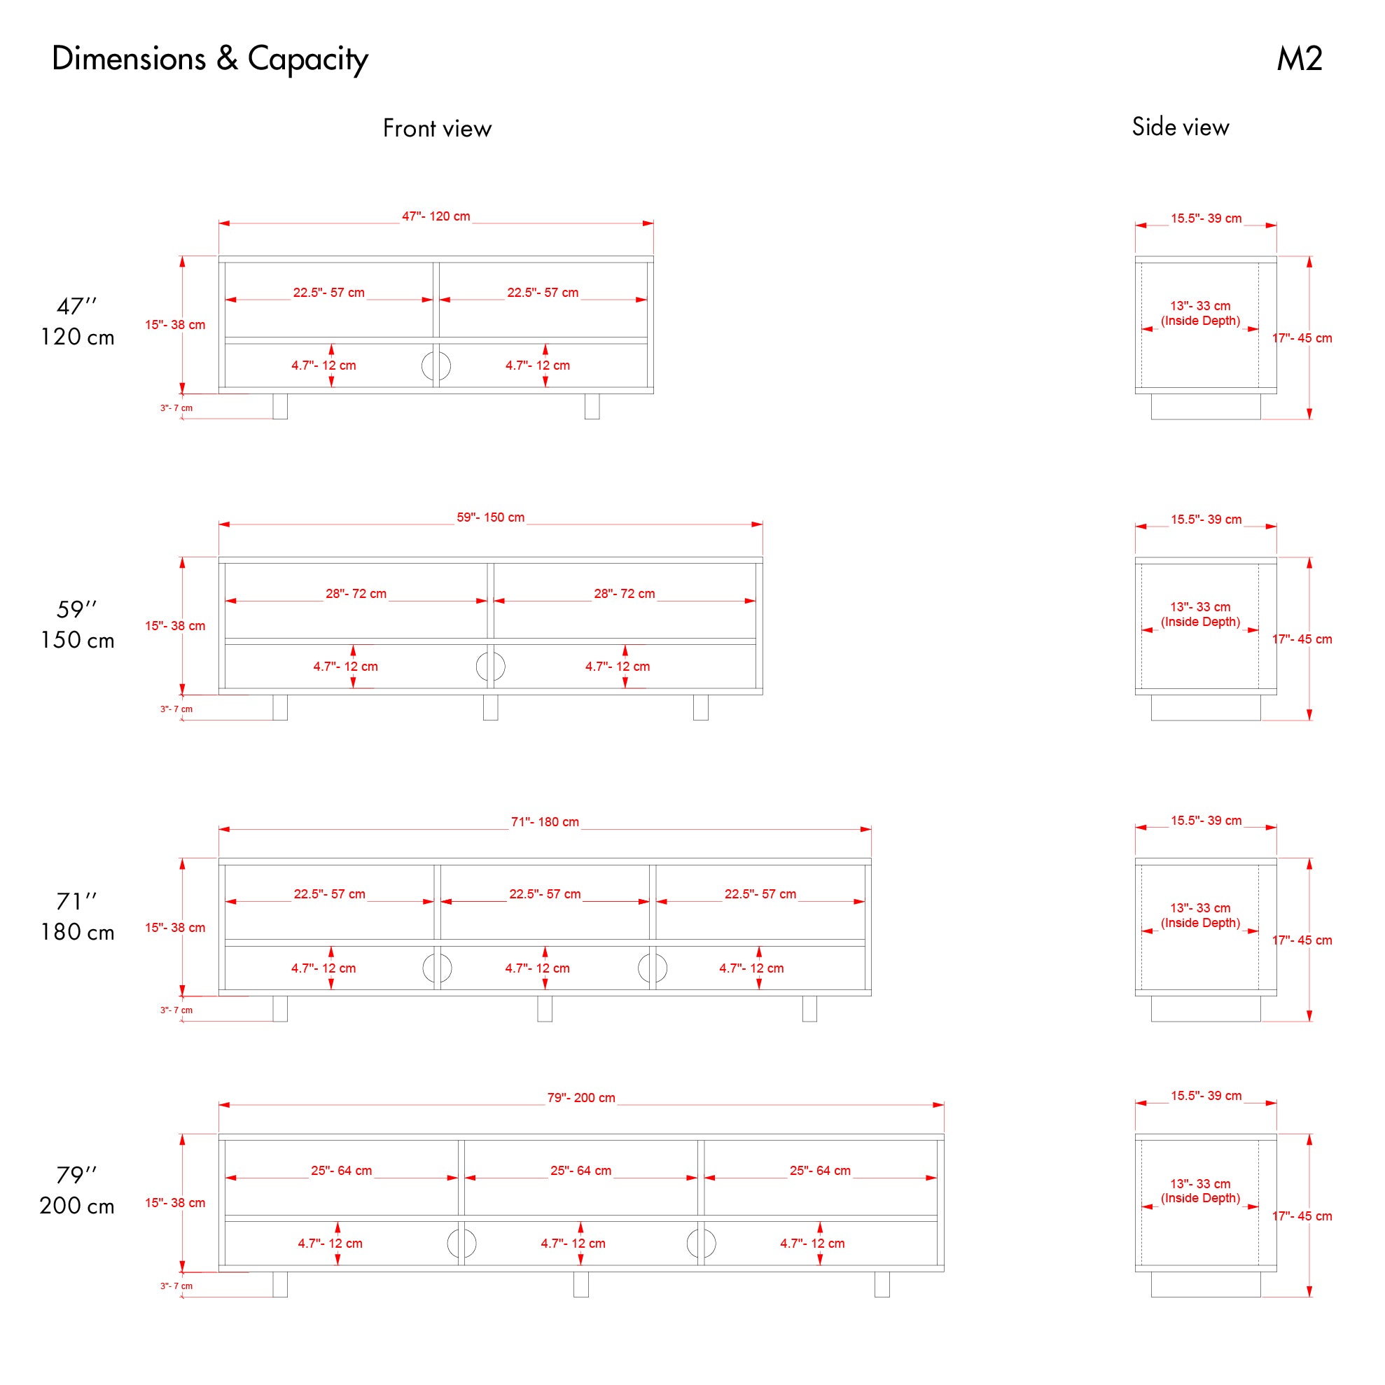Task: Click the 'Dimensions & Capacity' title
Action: point(210,59)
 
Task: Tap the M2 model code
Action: point(1299,59)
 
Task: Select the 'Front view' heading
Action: point(437,128)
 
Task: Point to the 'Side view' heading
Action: point(1180,127)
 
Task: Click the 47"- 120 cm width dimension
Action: point(436,216)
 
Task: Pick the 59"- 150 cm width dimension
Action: point(490,517)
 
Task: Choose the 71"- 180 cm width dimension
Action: point(545,822)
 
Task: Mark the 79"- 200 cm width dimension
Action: point(580,1097)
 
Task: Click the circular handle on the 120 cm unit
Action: point(436,366)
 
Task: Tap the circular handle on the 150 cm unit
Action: point(490,667)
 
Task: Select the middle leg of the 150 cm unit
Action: point(490,707)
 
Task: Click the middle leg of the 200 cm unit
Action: point(580,1284)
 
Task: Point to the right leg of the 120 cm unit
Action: point(592,406)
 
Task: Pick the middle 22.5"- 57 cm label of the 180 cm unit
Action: point(545,895)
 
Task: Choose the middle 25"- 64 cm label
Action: point(580,1171)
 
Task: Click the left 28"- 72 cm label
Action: point(356,594)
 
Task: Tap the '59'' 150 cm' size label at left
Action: point(77,625)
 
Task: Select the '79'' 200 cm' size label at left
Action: point(77,1191)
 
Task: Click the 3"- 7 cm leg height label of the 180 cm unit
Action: point(176,1010)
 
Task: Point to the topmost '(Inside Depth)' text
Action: point(1201,321)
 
